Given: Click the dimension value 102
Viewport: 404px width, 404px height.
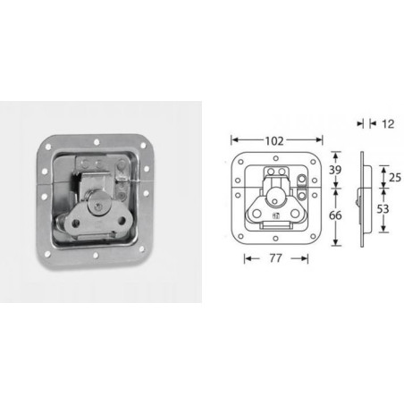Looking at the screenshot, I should (275, 139).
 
